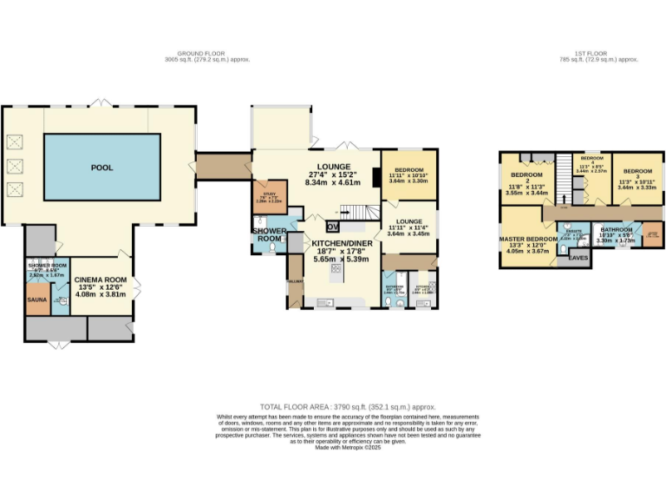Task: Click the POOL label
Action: click(102, 168)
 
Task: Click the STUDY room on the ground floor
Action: click(264, 195)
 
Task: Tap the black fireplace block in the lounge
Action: click(375, 177)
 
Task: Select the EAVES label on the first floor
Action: click(577, 257)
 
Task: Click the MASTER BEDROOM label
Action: click(527, 239)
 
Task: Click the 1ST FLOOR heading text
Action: click(598, 53)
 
